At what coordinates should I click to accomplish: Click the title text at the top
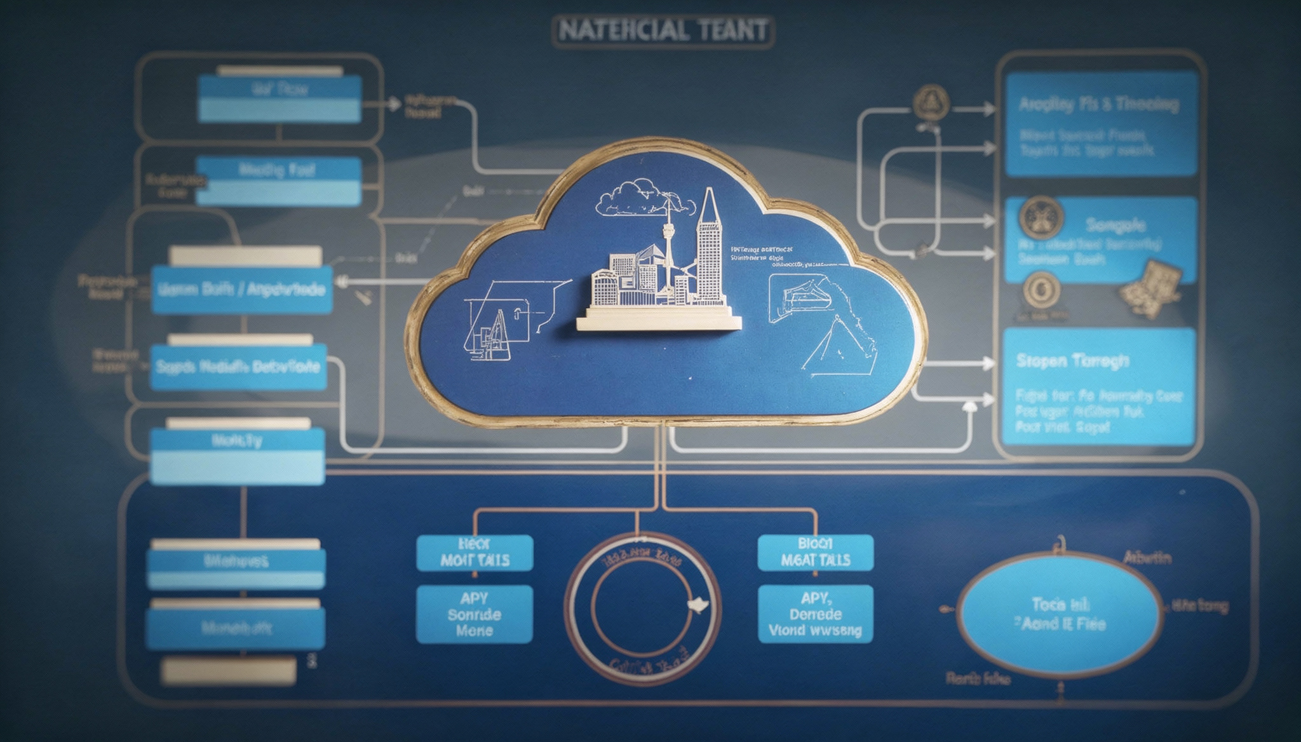[x=663, y=31]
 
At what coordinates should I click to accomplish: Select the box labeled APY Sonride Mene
[x=475, y=614]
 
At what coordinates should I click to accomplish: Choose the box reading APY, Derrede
[x=816, y=614]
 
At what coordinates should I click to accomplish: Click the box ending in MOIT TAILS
[x=475, y=553]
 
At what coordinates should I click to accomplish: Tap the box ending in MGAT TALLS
[x=816, y=553]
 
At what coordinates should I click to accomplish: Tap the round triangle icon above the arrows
[x=931, y=102]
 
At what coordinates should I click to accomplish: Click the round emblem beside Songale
[x=1041, y=218]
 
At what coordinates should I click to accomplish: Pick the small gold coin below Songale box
[x=1041, y=290]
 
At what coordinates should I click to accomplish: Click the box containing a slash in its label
[x=242, y=290]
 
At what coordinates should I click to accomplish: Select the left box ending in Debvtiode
[x=239, y=367]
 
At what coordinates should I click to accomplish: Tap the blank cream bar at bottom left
[x=229, y=671]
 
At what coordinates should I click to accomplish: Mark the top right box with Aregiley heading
[x=1102, y=124]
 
